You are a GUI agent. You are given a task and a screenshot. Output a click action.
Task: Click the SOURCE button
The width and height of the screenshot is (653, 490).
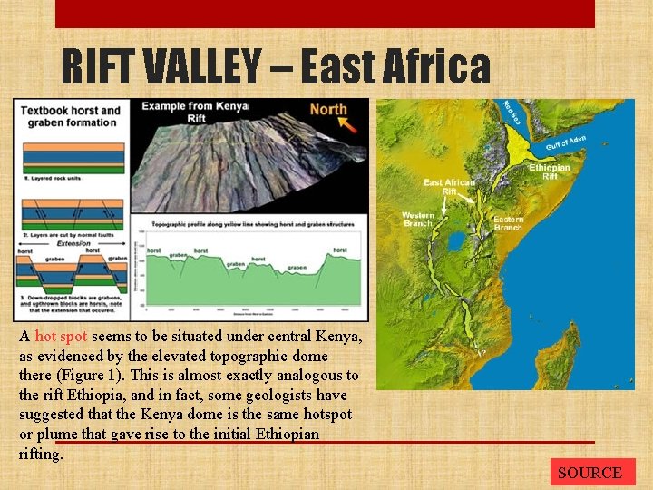(x=590, y=473)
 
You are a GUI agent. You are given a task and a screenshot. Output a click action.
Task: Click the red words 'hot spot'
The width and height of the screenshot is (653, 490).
(x=61, y=336)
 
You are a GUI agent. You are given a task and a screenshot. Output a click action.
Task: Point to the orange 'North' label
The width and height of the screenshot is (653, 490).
(x=328, y=110)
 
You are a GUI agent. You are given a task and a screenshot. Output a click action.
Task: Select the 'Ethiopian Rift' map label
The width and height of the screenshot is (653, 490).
(x=550, y=172)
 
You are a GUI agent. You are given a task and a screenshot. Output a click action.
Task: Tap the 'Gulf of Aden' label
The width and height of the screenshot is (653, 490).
(x=566, y=142)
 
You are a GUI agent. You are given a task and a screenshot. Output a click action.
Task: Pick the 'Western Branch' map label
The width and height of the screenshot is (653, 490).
(x=418, y=220)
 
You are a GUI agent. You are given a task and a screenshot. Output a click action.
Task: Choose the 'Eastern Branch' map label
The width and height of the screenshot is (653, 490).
(x=508, y=223)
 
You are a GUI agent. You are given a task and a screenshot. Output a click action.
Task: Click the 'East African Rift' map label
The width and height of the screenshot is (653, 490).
(x=449, y=187)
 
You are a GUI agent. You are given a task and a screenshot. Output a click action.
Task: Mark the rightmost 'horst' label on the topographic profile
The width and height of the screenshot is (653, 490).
(x=340, y=250)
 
